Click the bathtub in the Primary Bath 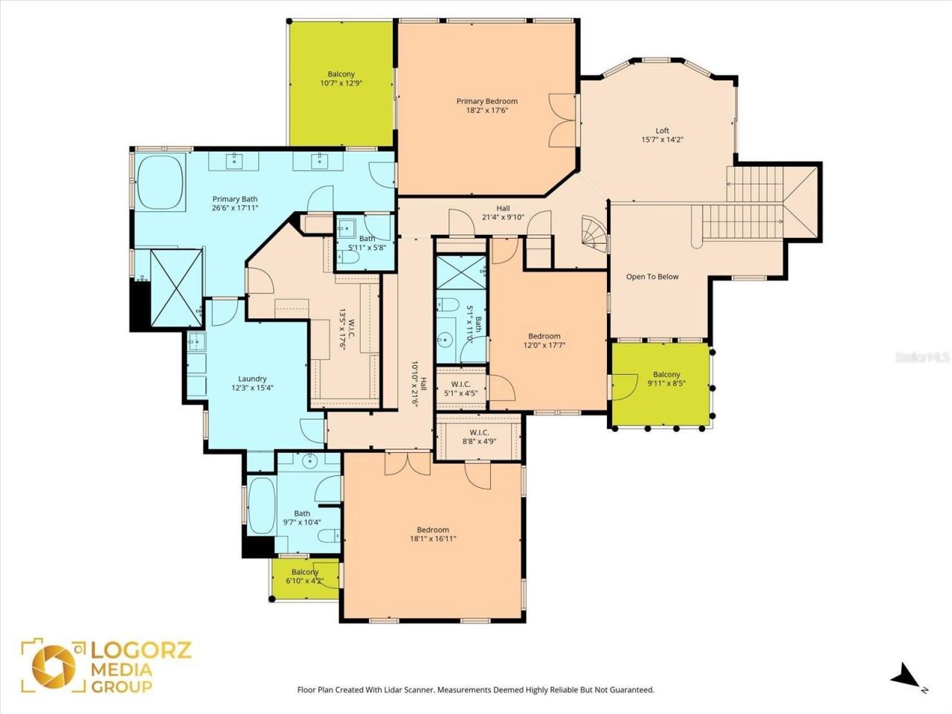pyautogui.click(x=161, y=183)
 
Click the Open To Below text pyautogui.click(x=652, y=277)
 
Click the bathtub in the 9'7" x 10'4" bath pyautogui.click(x=260, y=505)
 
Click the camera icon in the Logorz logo pyautogui.click(x=53, y=665)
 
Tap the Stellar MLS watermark pyautogui.click(x=922, y=358)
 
